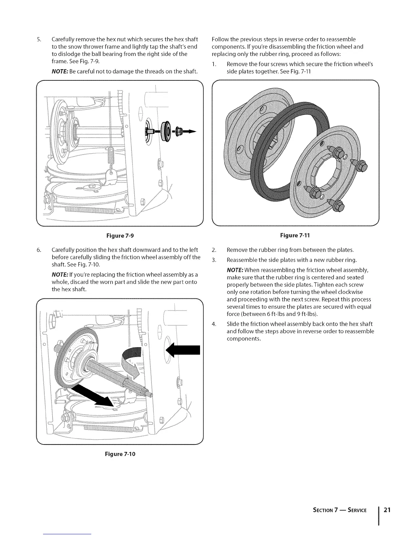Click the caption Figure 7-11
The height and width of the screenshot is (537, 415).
tap(295, 235)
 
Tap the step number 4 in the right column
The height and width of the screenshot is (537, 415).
tap(214, 323)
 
